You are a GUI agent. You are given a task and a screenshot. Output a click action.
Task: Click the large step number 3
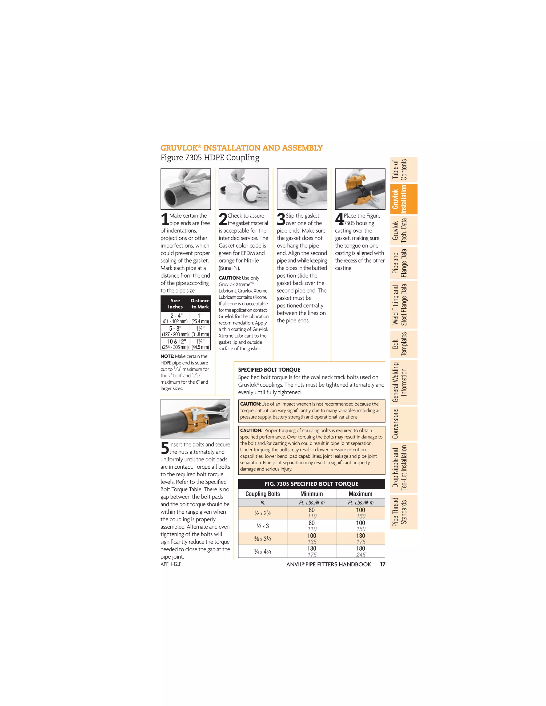pos(281,219)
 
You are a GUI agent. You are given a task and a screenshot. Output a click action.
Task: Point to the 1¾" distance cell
pos(200,344)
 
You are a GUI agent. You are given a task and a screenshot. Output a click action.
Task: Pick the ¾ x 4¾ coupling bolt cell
pos(263,551)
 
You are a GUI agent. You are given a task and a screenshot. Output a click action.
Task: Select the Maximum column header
pos(360,494)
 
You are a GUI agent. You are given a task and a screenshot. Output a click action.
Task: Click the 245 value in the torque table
pos(361,555)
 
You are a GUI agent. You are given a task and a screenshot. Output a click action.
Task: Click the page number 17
pos(382,565)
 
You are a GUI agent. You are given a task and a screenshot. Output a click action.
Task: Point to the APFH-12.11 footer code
pos(171,564)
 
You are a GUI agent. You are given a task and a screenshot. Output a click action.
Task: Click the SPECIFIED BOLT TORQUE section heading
pos(269,370)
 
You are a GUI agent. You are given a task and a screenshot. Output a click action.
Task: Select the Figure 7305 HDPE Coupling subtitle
pos(210,158)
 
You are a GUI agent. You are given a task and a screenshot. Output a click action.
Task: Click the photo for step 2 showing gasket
pos(244,189)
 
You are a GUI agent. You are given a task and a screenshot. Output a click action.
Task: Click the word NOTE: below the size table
pos(167,356)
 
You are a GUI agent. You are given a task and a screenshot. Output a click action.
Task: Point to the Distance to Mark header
pos(200,303)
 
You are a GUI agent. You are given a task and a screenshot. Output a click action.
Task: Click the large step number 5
pos(165,448)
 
